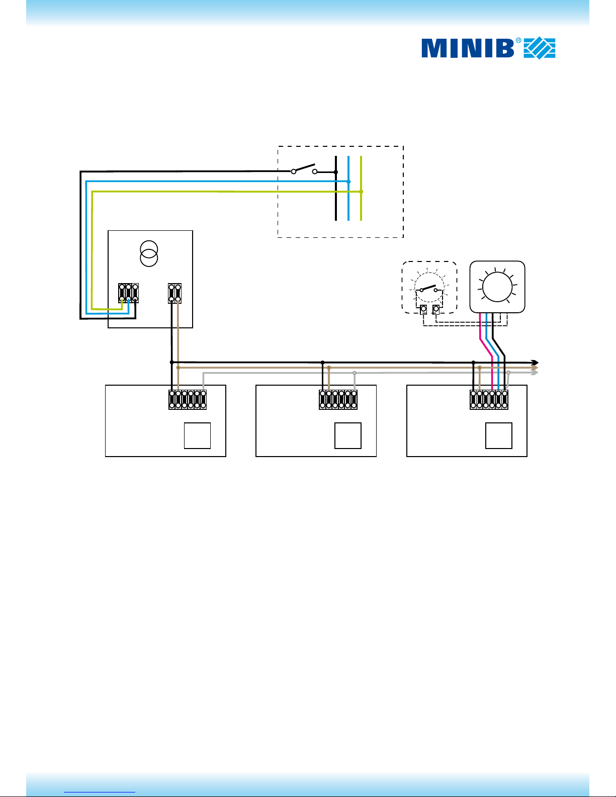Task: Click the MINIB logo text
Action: click(x=468, y=48)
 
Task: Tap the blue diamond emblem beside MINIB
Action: click(x=540, y=48)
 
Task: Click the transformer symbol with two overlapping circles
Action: click(x=149, y=254)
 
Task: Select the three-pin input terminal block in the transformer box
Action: click(x=128, y=293)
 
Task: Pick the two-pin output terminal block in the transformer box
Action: click(x=174, y=293)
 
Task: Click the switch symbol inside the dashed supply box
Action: click(x=304, y=169)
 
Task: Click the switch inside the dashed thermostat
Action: click(x=428, y=289)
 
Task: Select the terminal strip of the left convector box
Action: click(x=188, y=399)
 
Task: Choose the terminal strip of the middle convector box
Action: click(x=338, y=399)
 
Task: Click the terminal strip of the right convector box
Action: click(x=489, y=399)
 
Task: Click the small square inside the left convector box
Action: click(x=197, y=435)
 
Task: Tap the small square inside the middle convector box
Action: click(x=348, y=435)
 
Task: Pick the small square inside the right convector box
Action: click(x=499, y=435)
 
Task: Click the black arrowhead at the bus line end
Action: click(x=536, y=363)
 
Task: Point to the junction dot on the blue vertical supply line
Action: click(x=348, y=181)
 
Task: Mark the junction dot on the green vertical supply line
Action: click(x=362, y=192)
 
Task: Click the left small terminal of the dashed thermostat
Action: click(x=423, y=310)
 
